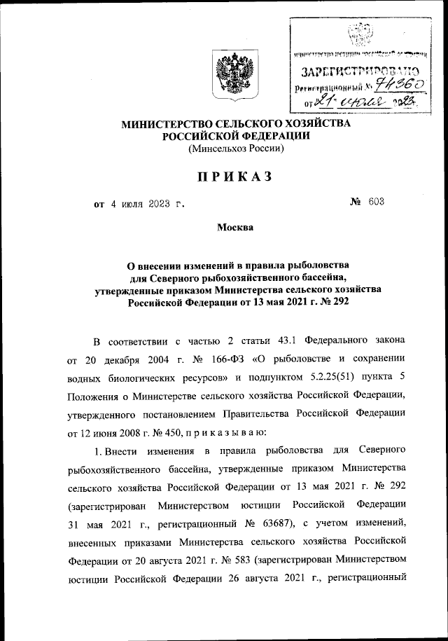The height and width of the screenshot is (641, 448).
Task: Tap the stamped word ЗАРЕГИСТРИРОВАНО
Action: tap(360, 71)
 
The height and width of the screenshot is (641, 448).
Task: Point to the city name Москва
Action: tap(234, 227)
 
